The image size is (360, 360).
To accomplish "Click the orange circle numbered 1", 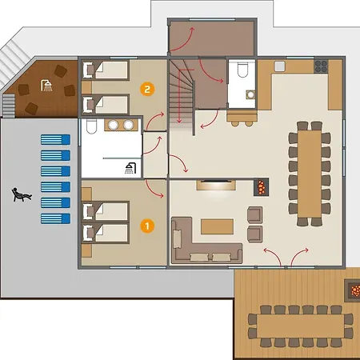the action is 147,226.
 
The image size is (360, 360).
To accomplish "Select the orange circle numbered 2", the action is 147,89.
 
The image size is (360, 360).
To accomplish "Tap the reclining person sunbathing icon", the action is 22,194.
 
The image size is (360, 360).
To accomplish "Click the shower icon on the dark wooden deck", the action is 46,86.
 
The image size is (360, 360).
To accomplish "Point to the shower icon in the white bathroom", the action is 130,168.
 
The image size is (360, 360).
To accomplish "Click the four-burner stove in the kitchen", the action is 321,66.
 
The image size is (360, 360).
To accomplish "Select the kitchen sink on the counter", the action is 280,66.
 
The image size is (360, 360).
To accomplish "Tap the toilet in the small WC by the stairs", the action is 242,70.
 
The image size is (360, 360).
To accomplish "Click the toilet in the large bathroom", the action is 91,126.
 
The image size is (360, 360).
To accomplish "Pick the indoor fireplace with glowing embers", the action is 261,187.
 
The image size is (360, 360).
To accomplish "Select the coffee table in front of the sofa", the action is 217,226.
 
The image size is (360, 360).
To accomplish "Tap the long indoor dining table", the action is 310,174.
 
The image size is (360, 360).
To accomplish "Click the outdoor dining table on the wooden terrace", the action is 301,326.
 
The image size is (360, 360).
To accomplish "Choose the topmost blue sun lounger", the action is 55,140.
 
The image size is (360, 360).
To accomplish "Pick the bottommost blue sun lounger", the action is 55,218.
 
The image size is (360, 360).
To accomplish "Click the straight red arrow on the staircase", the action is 179,96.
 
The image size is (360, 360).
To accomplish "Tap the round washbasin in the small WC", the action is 250,94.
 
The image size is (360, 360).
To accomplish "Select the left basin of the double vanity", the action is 113,125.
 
